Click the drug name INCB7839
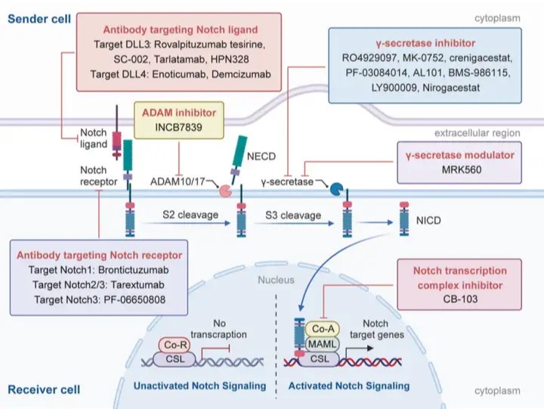click(178, 127)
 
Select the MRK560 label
click(462, 170)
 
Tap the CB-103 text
click(460, 299)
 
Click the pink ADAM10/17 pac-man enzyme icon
click(225, 191)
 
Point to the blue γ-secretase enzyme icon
click(336, 189)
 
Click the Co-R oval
click(175, 345)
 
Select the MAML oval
click(322, 344)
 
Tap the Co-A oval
click(323, 329)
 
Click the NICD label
click(428, 221)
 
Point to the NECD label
click(261, 156)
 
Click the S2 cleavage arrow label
click(190, 215)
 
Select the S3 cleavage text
click(293, 215)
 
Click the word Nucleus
click(276, 280)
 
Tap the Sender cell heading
click(39, 19)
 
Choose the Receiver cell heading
click(44, 389)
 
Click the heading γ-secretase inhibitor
click(425, 43)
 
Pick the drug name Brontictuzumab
click(134, 270)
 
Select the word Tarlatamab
click(179, 59)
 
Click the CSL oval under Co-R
click(175, 359)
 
